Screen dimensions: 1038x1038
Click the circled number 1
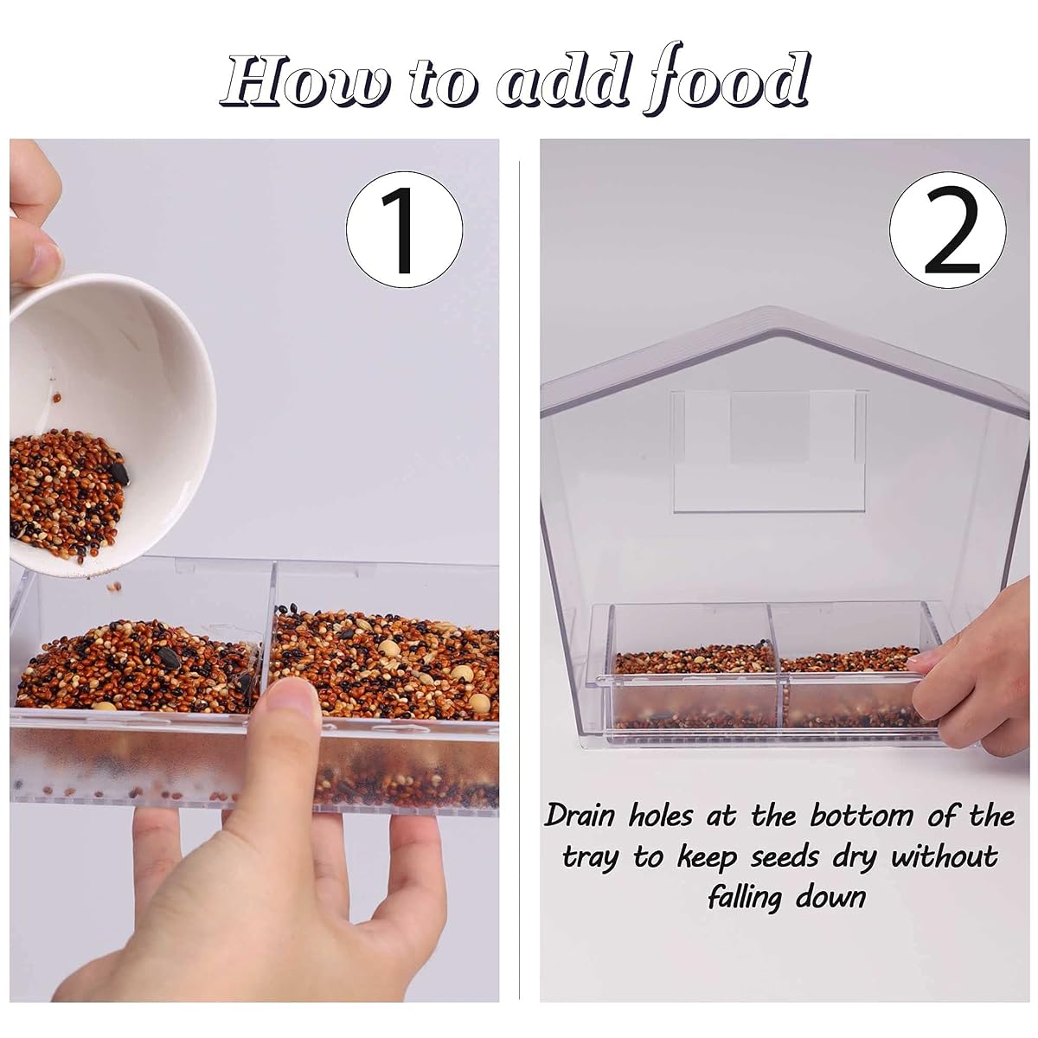(x=405, y=229)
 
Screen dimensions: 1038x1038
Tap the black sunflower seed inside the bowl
(x=119, y=473)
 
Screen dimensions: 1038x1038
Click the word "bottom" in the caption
(x=861, y=817)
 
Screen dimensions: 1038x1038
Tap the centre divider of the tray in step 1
(x=268, y=636)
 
